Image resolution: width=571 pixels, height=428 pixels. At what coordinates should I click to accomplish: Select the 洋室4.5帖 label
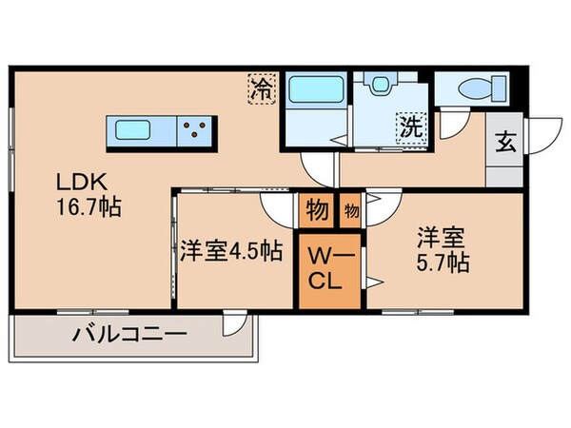point(230,252)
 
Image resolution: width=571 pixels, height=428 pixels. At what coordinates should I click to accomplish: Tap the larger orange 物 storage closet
point(316,210)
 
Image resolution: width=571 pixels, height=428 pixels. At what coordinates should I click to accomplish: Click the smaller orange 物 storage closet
point(350,209)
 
